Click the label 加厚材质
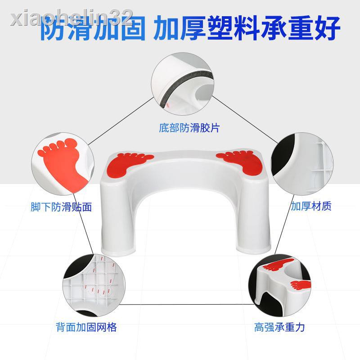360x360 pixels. pos(310,207)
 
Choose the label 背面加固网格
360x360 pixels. pos(86,327)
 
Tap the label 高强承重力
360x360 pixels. pos(279,327)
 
